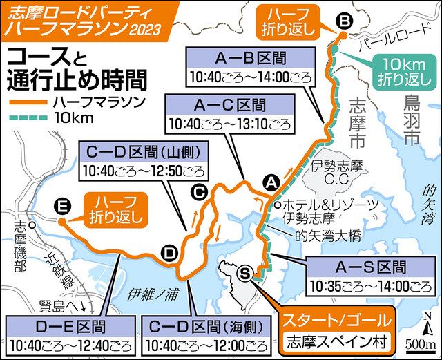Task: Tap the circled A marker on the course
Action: (271, 182)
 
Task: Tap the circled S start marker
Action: (244, 274)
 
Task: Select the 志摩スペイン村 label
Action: (337, 341)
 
